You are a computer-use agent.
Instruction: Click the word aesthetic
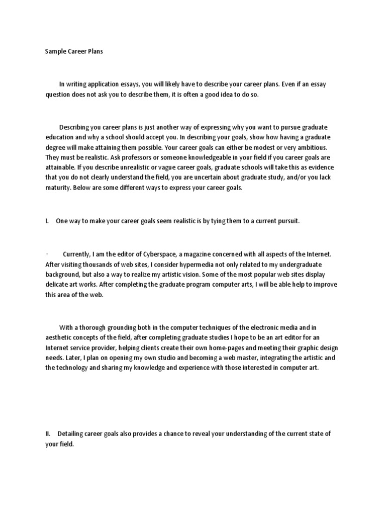tap(60, 337)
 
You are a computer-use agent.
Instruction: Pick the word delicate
tap(59, 285)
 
